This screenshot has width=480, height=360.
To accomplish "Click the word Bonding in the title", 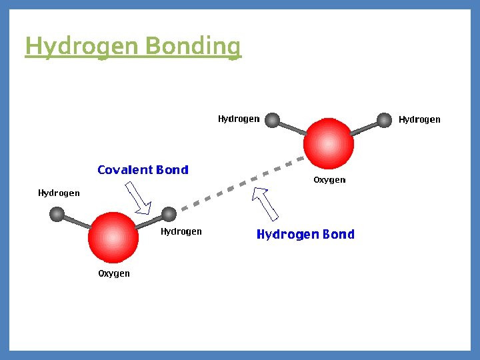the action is tap(193, 47).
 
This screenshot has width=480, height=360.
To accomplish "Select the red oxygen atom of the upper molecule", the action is tap(328, 143).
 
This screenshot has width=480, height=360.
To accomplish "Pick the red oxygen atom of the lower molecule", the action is tap(113, 237).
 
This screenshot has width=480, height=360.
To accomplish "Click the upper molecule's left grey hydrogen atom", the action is tap(272, 120).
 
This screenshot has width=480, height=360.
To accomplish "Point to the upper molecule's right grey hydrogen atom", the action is tap(384, 120).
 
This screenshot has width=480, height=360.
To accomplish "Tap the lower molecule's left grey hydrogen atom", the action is tap(57, 214).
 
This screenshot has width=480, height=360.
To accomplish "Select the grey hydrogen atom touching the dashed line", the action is tap(169, 214).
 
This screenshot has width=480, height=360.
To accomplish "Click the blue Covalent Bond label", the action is tap(143, 170).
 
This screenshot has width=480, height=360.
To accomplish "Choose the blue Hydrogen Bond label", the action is tap(305, 234).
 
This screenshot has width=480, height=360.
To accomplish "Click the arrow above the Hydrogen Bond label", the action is tap(267, 203).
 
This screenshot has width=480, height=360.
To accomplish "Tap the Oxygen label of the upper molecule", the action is tap(329, 180).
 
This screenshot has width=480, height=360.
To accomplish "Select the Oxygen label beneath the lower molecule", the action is tap(114, 273).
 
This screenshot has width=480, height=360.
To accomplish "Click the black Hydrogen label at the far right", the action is tap(419, 120).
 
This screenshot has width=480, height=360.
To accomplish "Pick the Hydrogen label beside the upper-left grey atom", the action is tap(239, 119).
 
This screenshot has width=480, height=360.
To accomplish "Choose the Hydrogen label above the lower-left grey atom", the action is tap(59, 193).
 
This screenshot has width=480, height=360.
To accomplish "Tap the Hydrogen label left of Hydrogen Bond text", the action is tap(181, 232).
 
